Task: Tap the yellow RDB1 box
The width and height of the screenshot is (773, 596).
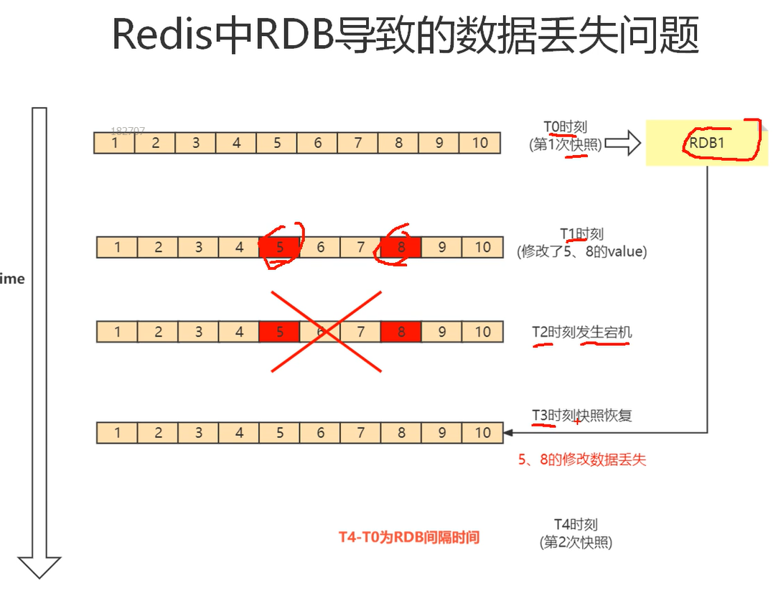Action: [706, 142]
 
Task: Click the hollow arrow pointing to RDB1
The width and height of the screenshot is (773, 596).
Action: [622, 143]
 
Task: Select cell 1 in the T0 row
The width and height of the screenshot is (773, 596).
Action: [115, 143]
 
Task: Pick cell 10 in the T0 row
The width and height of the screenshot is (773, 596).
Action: [479, 143]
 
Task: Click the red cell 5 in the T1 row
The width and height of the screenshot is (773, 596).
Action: [280, 248]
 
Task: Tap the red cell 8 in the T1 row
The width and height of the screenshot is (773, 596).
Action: [401, 248]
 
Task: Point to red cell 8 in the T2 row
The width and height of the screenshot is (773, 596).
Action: [401, 332]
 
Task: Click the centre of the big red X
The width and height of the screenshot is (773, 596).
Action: [326, 332]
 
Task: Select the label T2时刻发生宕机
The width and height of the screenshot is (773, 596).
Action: [582, 332]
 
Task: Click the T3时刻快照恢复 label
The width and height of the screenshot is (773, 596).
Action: [582, 416]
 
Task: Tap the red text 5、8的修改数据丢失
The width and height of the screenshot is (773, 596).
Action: [582, 460]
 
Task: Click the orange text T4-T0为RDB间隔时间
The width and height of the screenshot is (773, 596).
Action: [408, 537]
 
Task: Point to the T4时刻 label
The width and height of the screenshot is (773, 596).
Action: [576, 525]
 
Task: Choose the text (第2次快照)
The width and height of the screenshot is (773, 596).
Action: [576, 542]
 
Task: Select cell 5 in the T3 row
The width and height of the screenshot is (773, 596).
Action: [280, 433]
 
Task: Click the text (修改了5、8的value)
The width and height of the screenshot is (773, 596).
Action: [581, 251]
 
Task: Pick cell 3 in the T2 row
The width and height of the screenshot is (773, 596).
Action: [199, 332]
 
